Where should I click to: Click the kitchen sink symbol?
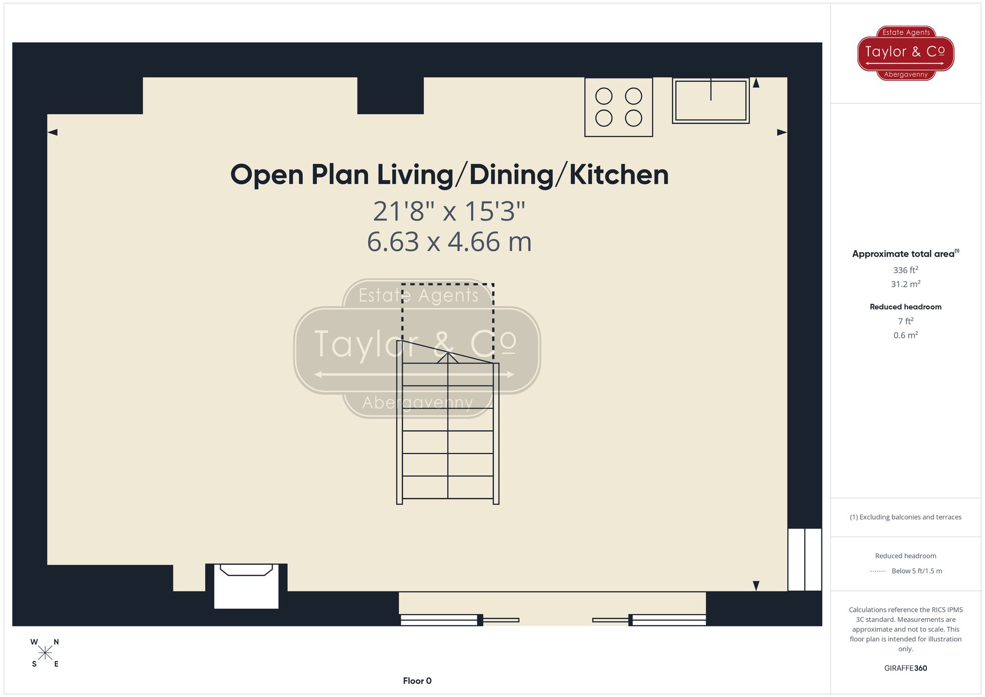(710, 100)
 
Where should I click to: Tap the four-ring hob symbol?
(619, 107)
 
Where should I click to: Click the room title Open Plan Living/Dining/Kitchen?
(449, 175)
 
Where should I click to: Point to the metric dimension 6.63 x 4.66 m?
(449, 242)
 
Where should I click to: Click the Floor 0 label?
(417, 681)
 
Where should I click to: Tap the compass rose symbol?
(45, 653)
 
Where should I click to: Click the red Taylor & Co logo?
(905, 53)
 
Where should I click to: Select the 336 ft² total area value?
(905, 270)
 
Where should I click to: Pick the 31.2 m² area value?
(905, 284)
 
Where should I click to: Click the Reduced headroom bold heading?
(905, 307)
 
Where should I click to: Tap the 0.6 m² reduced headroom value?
(905, 335)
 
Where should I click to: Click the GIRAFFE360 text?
(905, 668)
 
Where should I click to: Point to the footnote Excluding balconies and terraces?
(905, 517)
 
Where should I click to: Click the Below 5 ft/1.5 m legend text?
(916, 571)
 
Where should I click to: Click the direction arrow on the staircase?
(447, 358)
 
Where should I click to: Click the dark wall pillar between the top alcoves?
(390, 96)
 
